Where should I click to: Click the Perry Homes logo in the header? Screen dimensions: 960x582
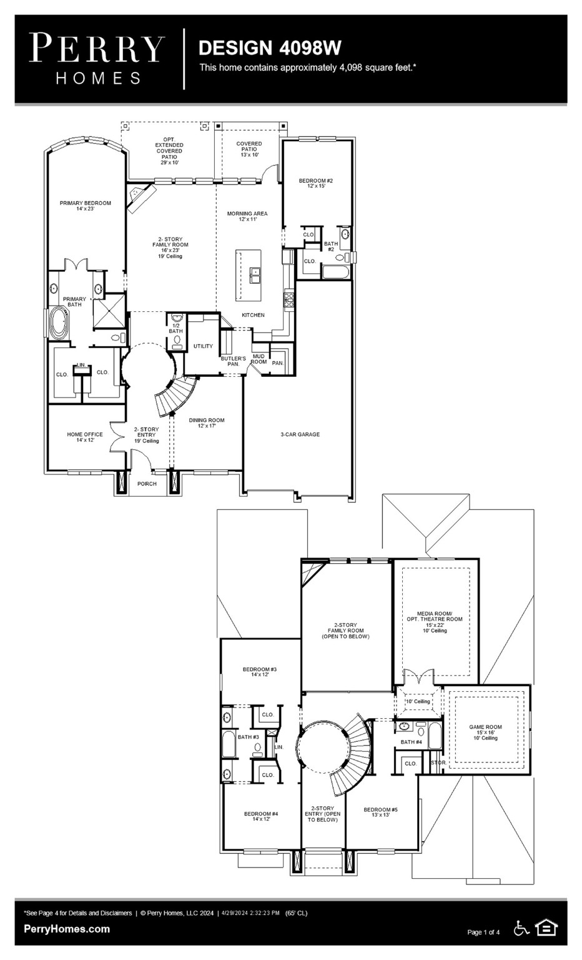[x=97, y=58]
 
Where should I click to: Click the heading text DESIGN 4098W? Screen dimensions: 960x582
[x=270, y=47]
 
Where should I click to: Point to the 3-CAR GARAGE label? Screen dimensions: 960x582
[x=300, y=434]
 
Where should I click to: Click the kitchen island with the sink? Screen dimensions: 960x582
[x=249, y=275]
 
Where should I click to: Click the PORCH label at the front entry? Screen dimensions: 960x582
[x=147, y=484]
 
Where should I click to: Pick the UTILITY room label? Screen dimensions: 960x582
[x=203, y=346]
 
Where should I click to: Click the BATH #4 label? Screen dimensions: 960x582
[x=412, y=742]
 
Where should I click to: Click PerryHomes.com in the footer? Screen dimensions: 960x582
[x=67, y=929]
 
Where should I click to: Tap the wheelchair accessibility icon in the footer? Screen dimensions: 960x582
[x=521, y=928]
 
